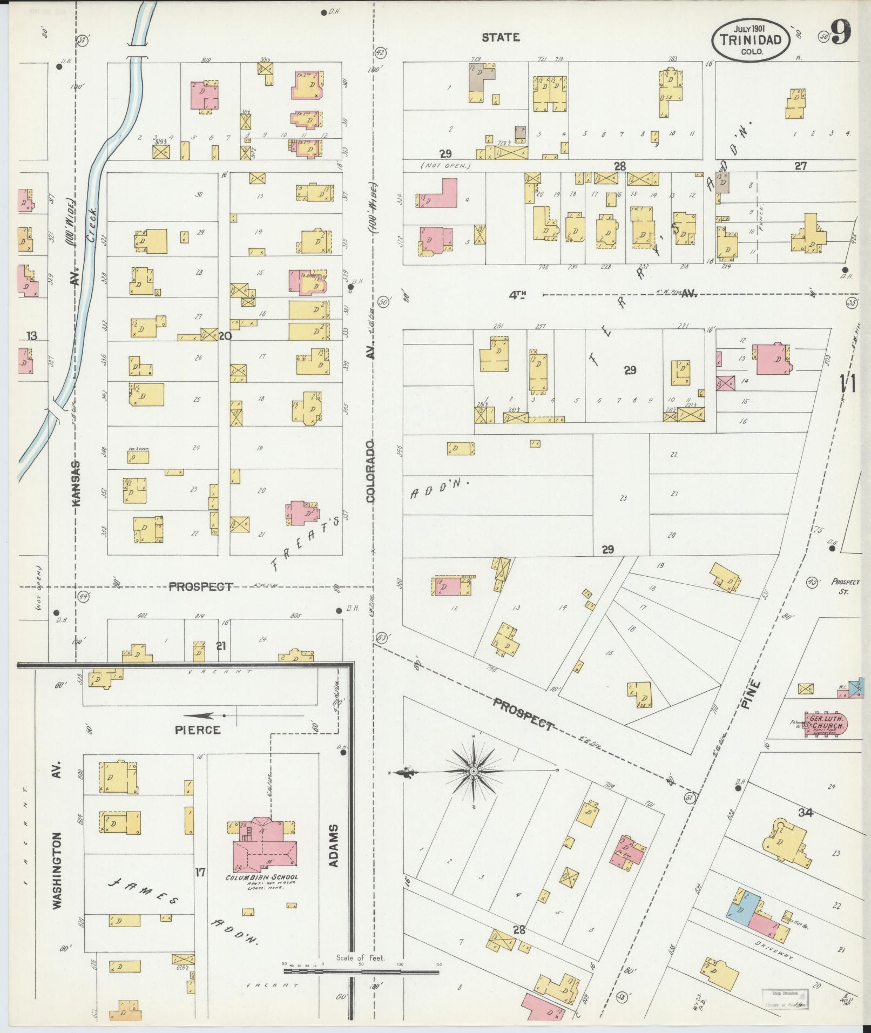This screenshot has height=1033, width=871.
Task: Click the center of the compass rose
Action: tap(474, 771)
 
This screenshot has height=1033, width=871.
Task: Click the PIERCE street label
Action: tap(198, 730)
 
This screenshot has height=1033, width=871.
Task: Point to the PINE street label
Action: tap(754, 696)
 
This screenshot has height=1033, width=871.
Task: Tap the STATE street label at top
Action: tap(501, 37)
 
